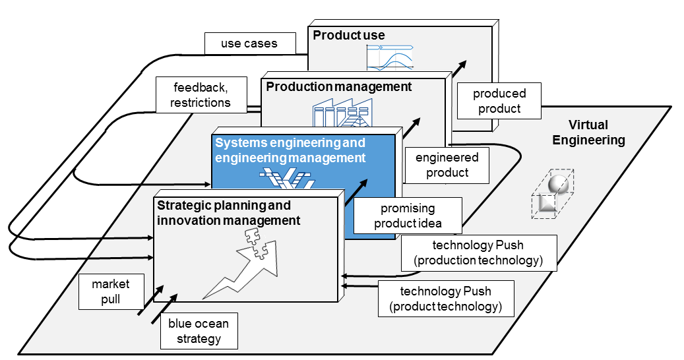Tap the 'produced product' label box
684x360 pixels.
(x=499, y=101)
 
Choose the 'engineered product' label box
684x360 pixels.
(x=448, y=165)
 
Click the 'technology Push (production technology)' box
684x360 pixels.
(x=479, y=253)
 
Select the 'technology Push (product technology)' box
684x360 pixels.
(x=446, y=299)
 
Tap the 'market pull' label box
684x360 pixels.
(x=111, y=292)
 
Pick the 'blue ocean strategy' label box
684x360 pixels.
(x=199, y=332)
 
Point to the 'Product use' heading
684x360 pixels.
(x=349, y=35)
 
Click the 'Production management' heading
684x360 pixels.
(x=339, y=86)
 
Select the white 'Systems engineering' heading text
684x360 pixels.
(x=290, y=150)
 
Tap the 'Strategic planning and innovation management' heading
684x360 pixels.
(x=228, y=213)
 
